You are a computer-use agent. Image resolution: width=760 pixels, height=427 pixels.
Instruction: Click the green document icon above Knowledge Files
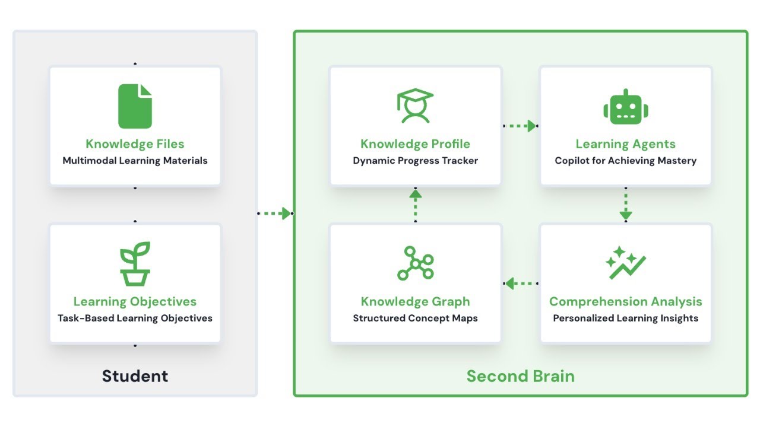pos(135,106)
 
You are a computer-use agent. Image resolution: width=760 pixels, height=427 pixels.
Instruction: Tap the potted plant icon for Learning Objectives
pos(135,263)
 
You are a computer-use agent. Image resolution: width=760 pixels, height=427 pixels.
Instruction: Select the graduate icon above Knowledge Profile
pos(415,106)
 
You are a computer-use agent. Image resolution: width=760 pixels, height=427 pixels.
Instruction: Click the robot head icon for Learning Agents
pos(626,107)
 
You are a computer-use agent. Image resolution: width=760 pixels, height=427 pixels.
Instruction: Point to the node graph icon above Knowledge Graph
pos(415,263)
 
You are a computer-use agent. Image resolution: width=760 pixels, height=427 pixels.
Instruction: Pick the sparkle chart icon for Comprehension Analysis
pos(625,263)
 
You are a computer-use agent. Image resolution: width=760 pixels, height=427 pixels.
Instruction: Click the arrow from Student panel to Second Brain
pos(275,213)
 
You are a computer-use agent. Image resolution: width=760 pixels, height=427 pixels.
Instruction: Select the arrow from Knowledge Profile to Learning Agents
pos(520,126)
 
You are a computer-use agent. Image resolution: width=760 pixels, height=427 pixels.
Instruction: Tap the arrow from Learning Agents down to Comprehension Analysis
pos(626,205)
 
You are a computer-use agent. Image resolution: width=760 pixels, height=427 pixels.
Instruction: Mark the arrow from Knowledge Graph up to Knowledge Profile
pos(415,205)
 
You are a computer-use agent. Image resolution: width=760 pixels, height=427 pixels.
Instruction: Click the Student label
pos(135,376)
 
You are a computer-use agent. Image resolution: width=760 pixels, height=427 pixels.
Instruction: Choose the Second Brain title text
pos(520,376)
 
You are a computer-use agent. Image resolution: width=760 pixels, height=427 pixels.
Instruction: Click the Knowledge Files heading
pos(135,144)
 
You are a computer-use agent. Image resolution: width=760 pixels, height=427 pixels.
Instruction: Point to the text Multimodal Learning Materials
pos(135,161)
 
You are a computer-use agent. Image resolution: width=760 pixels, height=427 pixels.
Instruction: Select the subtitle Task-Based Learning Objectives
pos(135,318)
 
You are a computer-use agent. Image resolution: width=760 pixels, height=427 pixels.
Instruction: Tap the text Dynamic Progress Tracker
pos(415,161)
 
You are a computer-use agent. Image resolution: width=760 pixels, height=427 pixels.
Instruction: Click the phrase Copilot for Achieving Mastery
pos(626,161)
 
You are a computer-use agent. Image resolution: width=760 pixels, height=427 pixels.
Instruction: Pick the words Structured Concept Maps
pos(415,318)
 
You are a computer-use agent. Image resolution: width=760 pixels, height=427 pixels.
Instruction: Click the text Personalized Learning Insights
pos(626,318)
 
